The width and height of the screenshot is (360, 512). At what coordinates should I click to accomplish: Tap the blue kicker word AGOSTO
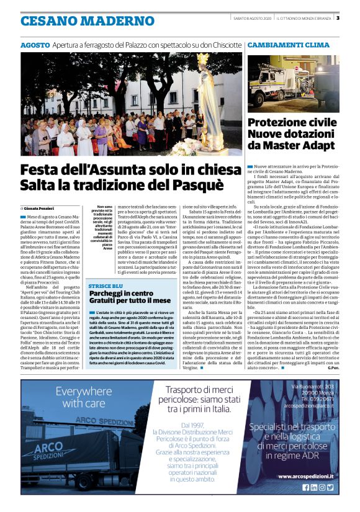pos(35,45)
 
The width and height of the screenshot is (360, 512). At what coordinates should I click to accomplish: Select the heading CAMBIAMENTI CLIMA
pos(288,45)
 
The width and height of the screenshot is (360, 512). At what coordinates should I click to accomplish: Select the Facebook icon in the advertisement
pos(305,487)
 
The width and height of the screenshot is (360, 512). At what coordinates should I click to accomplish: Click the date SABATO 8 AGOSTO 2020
pos(253,17)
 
